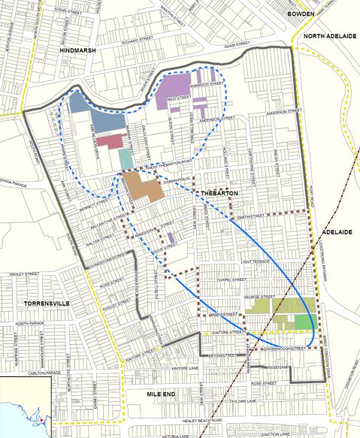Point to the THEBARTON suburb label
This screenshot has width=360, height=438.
pyautogui.click(x=219, y=194)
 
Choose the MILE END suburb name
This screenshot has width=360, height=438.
pyautogui.click(x=163, y=391)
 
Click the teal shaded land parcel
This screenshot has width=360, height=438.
pyautogui.click(x=125, y=158)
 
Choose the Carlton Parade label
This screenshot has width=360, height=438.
pyautogui.click(x=44, y=373)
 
